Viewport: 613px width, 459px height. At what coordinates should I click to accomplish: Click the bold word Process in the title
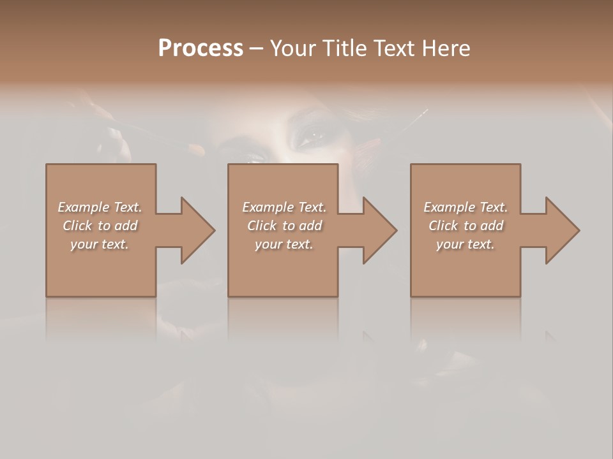201,48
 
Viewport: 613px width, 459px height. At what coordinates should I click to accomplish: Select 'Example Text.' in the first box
100,207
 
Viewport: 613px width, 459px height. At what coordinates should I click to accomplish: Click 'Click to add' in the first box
100,226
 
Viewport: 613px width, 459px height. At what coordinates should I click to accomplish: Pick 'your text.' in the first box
100,244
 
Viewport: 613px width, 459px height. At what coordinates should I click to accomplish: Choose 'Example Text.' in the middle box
284,207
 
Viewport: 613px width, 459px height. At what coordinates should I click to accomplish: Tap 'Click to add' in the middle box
284,226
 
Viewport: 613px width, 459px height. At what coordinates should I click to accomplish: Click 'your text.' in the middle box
284,244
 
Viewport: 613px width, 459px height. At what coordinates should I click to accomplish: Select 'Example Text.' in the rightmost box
465,207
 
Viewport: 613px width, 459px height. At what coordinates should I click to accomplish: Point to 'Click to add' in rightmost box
465,226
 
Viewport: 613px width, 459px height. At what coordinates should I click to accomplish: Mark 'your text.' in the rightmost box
465,244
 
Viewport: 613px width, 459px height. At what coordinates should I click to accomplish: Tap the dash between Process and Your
256,49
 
